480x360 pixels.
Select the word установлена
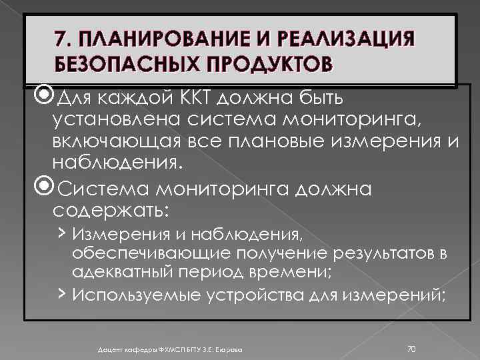[114, 121]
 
